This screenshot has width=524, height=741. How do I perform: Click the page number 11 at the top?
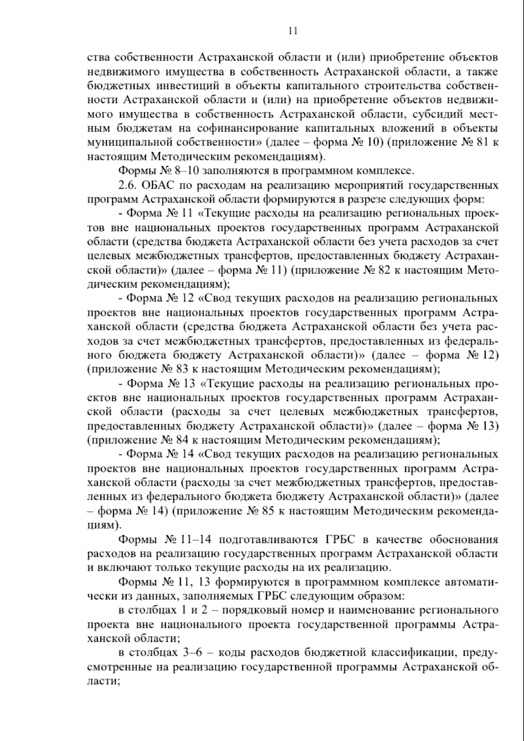(293, 31)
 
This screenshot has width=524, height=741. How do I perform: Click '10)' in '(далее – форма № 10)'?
(375, 143)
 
